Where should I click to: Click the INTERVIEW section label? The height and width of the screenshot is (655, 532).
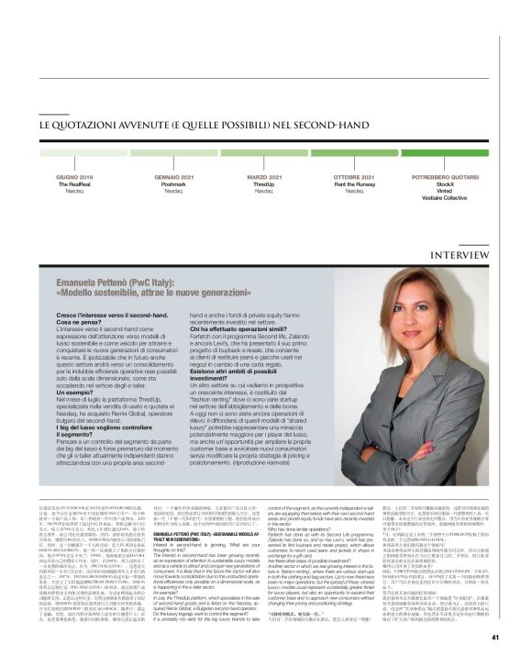coord(471,228)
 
